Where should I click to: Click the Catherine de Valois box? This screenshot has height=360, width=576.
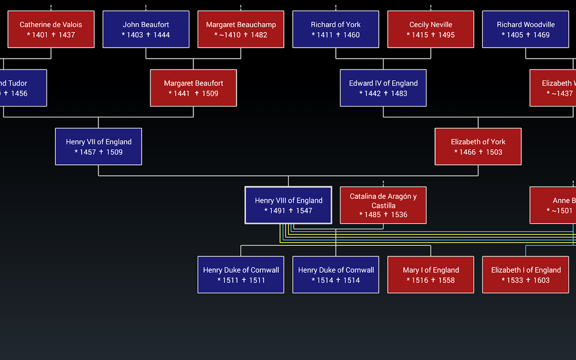click(51, 29)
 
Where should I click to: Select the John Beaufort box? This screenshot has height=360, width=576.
click(146, 29)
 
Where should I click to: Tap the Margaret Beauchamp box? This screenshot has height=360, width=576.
click(241, 29)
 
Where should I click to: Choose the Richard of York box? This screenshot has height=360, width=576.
click(336, 29)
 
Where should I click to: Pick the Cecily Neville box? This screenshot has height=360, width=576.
click(431, 29)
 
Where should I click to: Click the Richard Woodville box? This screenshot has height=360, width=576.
click(526, 29)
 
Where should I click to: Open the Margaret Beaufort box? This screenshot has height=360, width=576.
click(193, 88)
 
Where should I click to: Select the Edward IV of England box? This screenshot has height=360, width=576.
click(383, 88)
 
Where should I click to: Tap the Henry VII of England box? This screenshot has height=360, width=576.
click(99, 147)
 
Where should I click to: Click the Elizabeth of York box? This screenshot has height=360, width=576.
click(478, 147)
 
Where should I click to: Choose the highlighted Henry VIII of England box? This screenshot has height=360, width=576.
click(288, 205)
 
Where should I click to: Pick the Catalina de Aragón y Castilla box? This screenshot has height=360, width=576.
click(383, 205)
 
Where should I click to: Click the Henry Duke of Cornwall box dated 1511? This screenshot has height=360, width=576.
click(241, 274)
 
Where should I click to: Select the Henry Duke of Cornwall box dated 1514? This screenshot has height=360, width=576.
click(336, 274)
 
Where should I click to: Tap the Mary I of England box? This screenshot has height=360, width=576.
click(431, 274)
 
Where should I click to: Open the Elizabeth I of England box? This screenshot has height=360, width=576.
click(526, 274)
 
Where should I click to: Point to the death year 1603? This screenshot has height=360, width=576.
click(541, 280)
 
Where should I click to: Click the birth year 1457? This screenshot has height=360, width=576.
click(88, 152)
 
